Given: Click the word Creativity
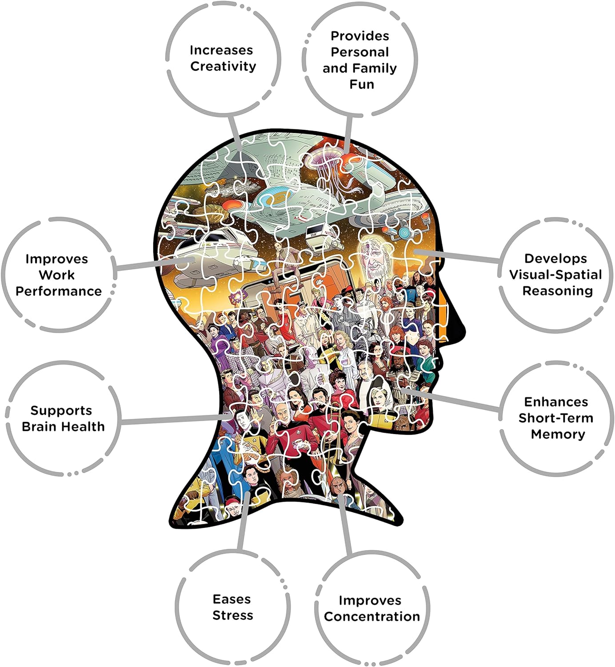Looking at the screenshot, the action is point(223,67).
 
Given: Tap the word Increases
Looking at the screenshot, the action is point(221,50).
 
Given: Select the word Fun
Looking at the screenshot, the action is point(362,84).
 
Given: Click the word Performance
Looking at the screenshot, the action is point(59,291).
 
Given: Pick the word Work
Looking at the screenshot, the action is point(57,275).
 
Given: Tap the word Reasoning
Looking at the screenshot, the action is point(558,291).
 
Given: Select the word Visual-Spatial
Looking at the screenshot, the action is point(555,275).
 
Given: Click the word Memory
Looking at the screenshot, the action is point(558,434).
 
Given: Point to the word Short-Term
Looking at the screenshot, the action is point(556,418).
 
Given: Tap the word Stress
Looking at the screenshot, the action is point(233,615).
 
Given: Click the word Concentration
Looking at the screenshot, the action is point(372,617).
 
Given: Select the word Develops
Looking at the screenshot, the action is point(555,259).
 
